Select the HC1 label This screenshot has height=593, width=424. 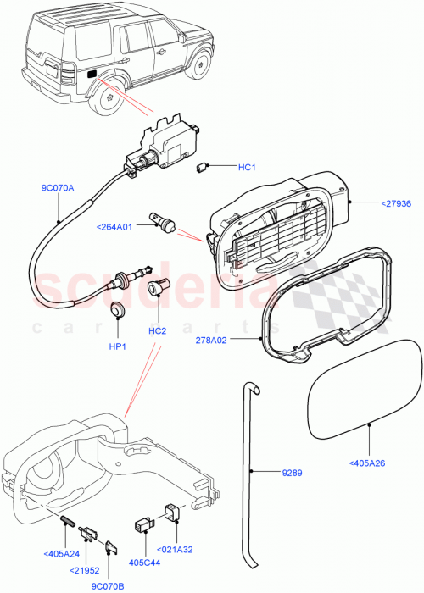(247, 167)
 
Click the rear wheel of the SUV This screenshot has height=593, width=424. (108, 97)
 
